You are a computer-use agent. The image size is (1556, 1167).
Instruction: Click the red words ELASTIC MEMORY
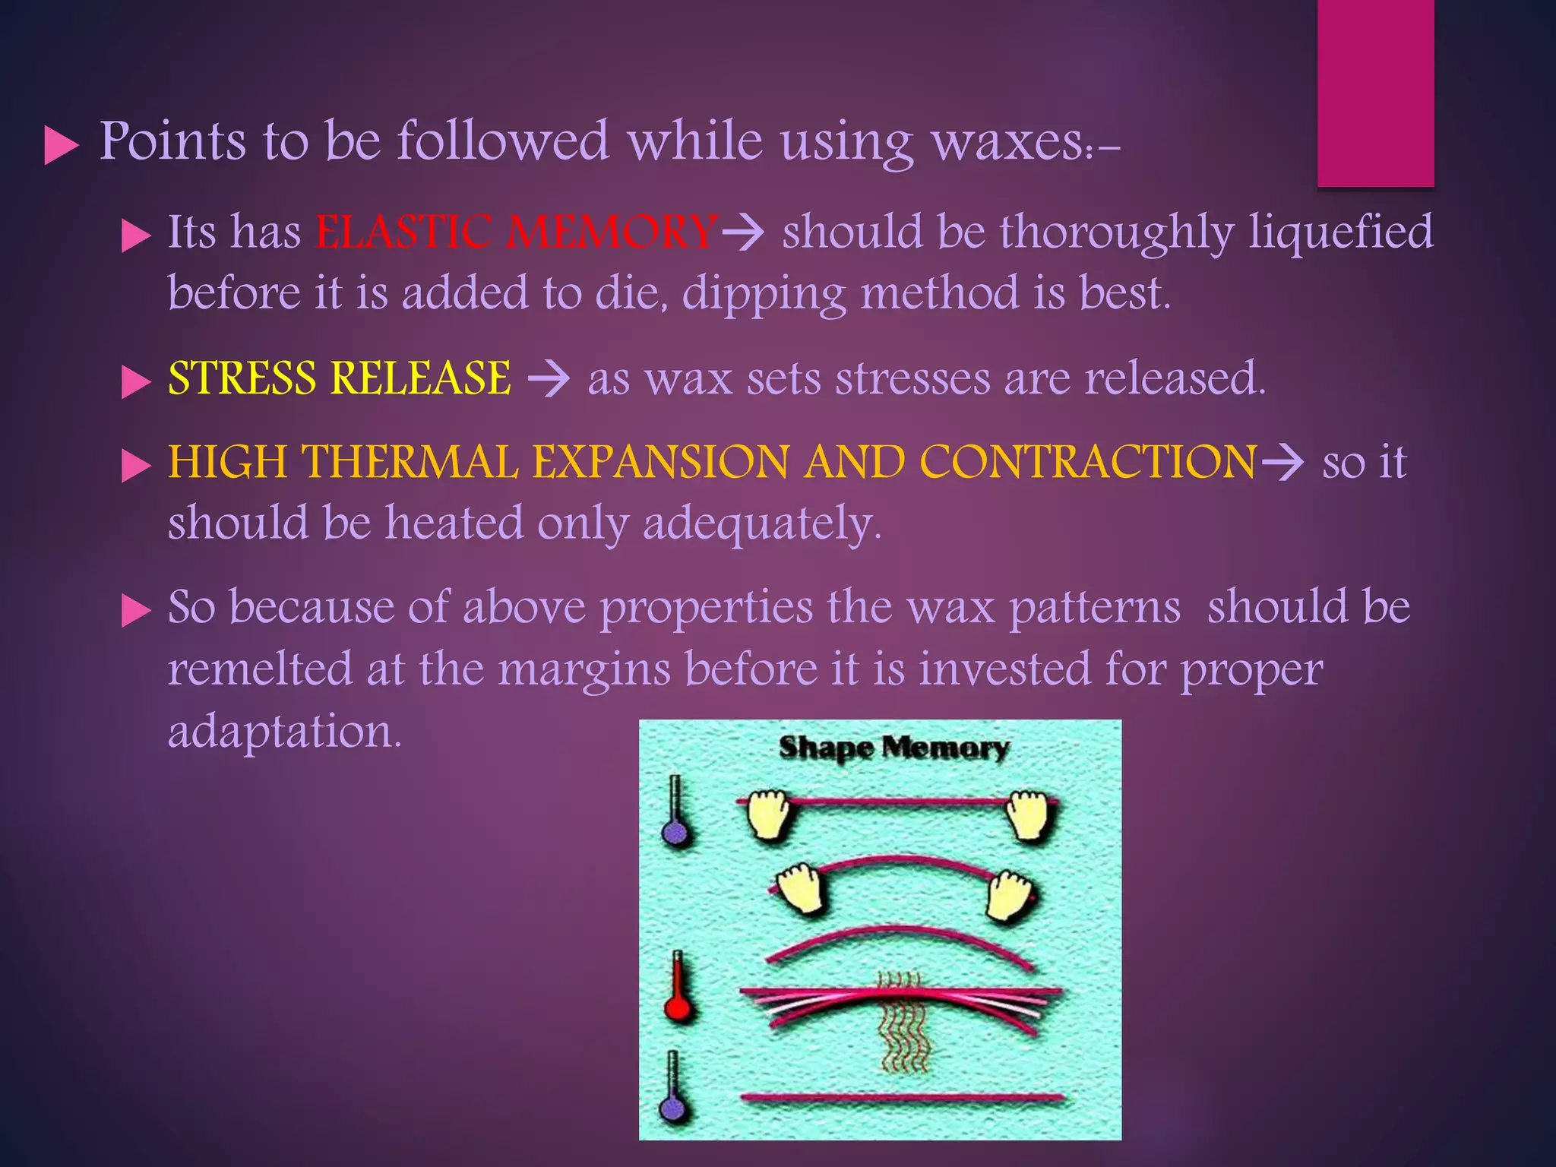(x=517, y=232)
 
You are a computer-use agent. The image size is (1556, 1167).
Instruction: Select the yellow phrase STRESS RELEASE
(x=340, y=378)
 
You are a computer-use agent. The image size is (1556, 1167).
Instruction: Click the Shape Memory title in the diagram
(x=893, y=748)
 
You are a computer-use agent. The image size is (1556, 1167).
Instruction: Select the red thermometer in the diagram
(x=677, y=988)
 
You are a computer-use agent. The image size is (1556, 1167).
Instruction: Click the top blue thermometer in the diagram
(x=675, y=813)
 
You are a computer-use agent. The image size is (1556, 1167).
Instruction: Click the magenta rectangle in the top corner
(x=1375, y=93)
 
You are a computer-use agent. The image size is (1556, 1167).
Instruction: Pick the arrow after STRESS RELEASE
(x=549, y=378)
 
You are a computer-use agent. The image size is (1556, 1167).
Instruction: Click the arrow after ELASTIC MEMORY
(x=742, y=232)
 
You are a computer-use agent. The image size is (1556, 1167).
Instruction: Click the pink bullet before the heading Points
(x=62, y=144)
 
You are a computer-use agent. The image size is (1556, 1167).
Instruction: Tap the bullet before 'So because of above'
(x=136, y=610)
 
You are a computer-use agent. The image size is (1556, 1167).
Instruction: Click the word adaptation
(x=284, y=731)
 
